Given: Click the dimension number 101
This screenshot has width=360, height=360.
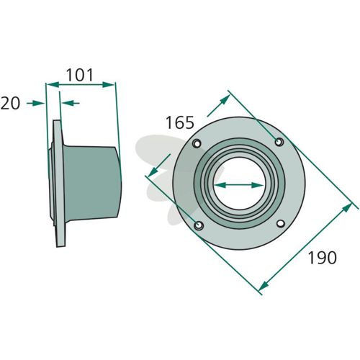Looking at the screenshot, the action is pyautogui.click(x=79, y=75).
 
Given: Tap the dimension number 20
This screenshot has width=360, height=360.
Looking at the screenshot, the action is pyautogui.click(x=10, y=104).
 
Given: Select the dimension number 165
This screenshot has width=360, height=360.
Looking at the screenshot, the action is pyautogui.click(x=180, y=122).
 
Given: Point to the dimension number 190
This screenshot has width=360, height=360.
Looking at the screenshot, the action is pyautogui.click(x=322, y=258).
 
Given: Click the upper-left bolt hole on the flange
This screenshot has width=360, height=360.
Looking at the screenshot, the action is pyautogui.click(x=197, y=143).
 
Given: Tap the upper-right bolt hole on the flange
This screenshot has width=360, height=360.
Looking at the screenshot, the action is pyautogui.click(x=279, y=142).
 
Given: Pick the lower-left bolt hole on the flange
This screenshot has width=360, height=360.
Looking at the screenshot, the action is pyautogui.click(x=199, y=225).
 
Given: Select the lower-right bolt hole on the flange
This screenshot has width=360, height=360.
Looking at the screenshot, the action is pyautogui.click(x=281, y=223).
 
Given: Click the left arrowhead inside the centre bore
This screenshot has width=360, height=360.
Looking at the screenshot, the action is pyautogui.click(x=220, y=185).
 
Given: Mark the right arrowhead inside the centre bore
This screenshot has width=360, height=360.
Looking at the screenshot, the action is pyautogui.click(x=258, y=185).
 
